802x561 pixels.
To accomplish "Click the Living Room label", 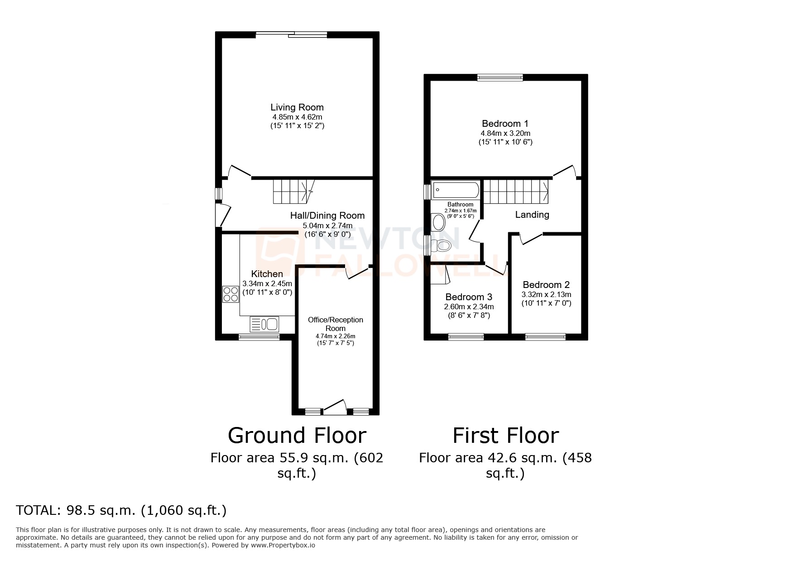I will click(297, 107).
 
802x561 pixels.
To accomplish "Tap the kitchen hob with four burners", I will click(231, 294).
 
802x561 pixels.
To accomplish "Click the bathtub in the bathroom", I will click(456, 190).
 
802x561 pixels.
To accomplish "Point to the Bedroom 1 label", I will click(505, 124).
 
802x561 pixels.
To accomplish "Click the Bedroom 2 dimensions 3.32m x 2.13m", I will click(546, 294).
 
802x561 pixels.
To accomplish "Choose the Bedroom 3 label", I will click(469, 297).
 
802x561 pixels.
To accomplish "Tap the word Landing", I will click(532, 215).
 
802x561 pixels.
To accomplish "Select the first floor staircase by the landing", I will click(516, 192).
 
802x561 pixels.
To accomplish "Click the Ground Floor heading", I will click(297, 436).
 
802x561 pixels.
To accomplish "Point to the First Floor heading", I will click(505, 436).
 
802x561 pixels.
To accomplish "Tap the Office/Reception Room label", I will click(335, 324).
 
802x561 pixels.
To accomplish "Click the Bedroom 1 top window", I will click(500, 77).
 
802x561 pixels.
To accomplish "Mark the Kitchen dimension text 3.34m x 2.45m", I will click(267, 283).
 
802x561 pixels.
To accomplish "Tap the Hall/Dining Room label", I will click(327, 216).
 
